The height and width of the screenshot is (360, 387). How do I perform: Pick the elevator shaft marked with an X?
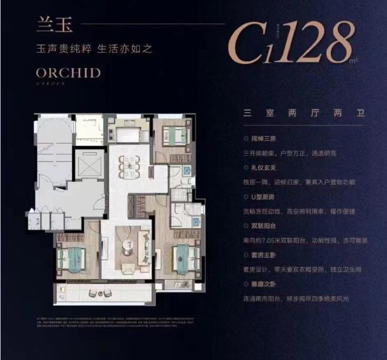point(89,164)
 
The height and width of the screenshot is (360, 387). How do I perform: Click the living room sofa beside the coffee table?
point(144,245)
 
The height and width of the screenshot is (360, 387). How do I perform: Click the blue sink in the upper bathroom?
point(187,170)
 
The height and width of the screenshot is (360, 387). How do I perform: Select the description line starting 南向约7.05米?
point(301,239)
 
